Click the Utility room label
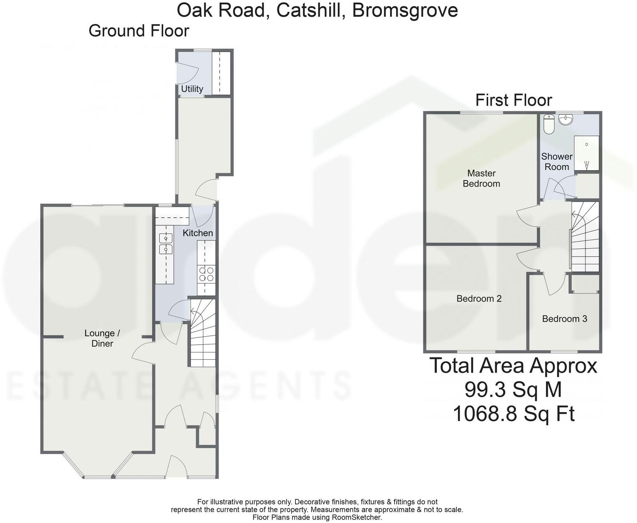(192, 89)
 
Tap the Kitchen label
(198, 233)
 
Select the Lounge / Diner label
(102, 338)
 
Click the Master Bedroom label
(481, 178)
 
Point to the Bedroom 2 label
(479, 299)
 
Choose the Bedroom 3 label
(564, 319)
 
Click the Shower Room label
(556, 162)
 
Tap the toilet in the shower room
(549, 124)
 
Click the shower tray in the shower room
(586, 153)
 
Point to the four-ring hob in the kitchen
(206, 274)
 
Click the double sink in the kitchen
(166, 244)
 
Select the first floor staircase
(585, 236)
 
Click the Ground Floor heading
(139, 31)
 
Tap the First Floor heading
(513, 100)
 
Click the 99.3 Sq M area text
(513, 389)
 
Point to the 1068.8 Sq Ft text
(513, 414)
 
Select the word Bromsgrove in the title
(405, 10)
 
